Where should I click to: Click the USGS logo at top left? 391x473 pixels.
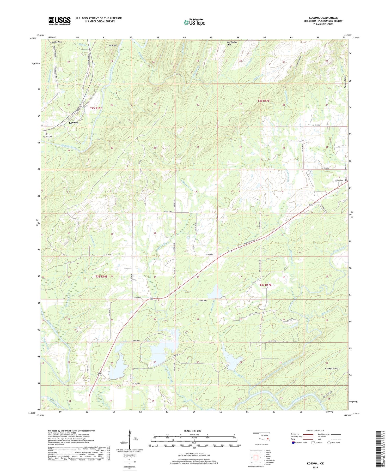[x=59, y=21]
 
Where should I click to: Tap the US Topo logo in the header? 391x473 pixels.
[x=194, y=22]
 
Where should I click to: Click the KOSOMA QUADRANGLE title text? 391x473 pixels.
[x=323, y=18]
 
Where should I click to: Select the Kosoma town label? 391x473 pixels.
[x=74, y=122]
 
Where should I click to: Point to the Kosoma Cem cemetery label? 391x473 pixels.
[x=48, y=136]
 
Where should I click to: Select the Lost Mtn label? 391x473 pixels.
[x=113, y=45]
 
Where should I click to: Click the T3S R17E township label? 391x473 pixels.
[x=265, y=285]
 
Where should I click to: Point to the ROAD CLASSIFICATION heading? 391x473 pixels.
[x=315, y=430]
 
